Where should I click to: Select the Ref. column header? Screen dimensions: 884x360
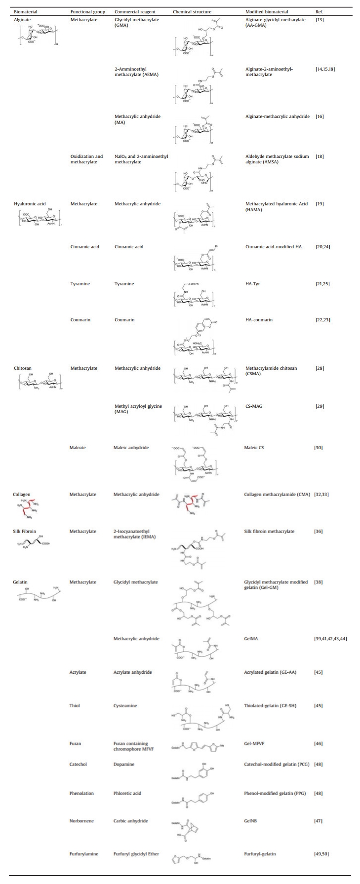coord(319,11)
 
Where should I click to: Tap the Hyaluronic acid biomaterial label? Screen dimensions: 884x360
coord(29,204)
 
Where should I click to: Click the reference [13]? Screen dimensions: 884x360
coord(320,20)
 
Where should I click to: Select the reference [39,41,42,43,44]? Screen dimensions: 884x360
coord(330,639)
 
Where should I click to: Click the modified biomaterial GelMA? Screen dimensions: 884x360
coord(252,639)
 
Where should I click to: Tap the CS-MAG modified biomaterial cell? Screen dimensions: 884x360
coord(254,406)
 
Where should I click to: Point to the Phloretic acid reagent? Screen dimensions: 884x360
coord(127,793)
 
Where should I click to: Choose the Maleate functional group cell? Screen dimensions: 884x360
coord(78,448)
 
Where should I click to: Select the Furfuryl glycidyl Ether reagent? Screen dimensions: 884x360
coord(136,854)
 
